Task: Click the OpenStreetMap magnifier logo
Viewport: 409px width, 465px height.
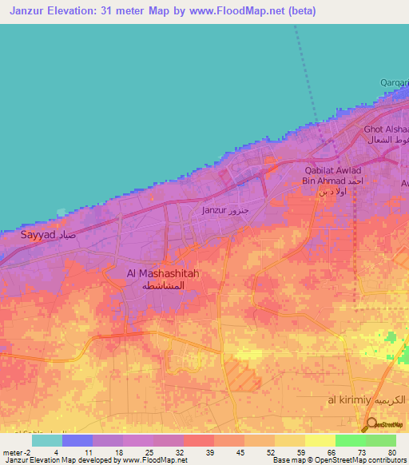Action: (372, 425)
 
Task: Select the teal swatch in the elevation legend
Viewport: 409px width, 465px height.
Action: (46, 440)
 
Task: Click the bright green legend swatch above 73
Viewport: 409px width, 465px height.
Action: (350, 440)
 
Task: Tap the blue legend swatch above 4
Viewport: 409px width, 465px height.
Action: (77, 440)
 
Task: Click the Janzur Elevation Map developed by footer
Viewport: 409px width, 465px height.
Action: (60, 460)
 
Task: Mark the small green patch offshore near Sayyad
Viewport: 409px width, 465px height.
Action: (62, 213)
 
